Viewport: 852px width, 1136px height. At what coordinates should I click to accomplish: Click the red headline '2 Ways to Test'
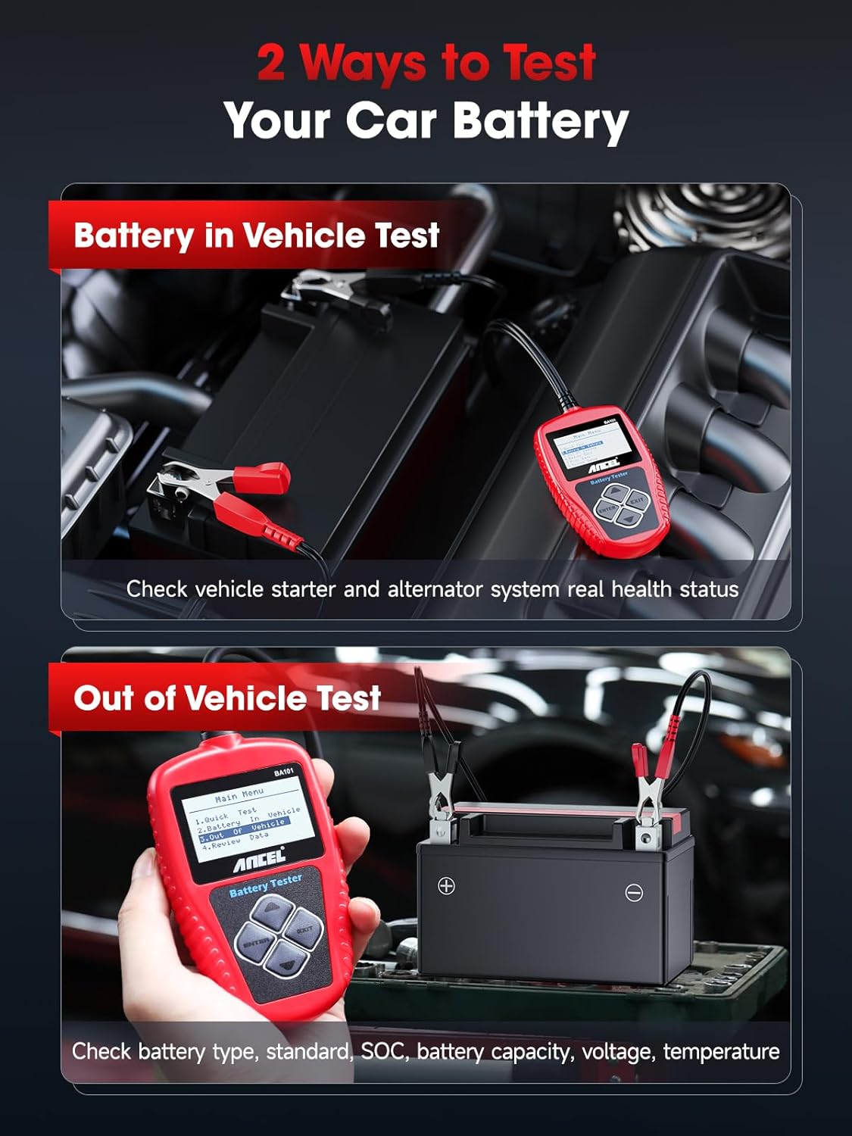click(426, 62)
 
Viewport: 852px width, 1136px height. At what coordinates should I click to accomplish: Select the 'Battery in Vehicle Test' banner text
click(256, 236)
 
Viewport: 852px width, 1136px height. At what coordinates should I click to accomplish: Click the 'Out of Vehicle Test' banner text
click(226, 698)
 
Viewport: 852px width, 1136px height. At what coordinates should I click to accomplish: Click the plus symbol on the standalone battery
click(446, 885)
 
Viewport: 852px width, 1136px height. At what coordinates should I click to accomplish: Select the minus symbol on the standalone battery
click(634, 893)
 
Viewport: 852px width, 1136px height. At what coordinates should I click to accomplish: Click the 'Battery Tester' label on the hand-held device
click(265, 885)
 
